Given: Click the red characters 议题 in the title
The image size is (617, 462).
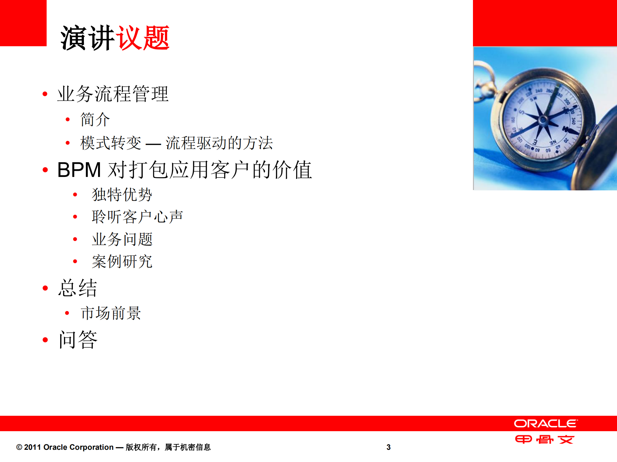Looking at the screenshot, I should click(x=142, y=38).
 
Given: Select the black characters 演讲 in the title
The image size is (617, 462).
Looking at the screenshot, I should click(x=87, y=38).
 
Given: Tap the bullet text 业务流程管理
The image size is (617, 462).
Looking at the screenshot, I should click(x=113, y=94).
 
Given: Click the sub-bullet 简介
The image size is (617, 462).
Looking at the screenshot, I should click(x=95, y=119).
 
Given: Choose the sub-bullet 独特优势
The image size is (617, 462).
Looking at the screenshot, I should click(x=122, y=195).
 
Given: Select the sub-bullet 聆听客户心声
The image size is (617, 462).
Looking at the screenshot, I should click(x=137, y=217).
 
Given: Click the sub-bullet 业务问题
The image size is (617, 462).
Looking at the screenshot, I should click(x=122, y=239).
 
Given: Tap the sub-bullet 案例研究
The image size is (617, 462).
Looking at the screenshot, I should click(x=122, y=261).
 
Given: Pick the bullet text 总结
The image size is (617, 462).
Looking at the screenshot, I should click(x=77, y=288).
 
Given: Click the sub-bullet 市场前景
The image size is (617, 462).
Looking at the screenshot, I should click(x=111, y=313).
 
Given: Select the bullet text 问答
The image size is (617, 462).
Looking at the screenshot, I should click(x=78, y=340).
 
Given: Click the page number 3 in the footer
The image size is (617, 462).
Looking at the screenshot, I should click(x=388, y=447).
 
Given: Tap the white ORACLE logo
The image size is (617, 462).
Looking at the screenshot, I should click(x=546, y=423).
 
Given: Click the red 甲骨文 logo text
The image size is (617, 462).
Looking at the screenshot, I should click(x=544, y=439).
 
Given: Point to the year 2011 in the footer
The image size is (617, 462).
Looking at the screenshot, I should click(x=32, y=447).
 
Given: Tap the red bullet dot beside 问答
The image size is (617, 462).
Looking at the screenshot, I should click(x=45, y=340).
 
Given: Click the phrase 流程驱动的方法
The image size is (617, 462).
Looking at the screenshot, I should click(x=219, y=143).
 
